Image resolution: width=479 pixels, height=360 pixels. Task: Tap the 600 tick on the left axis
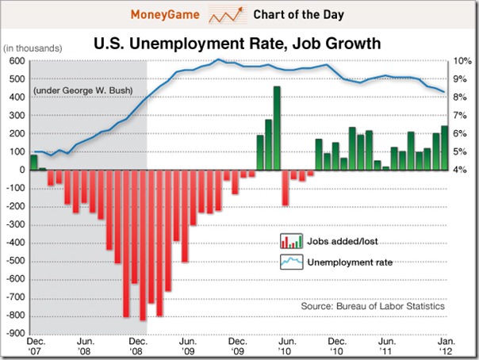pyautogui.click(x=16, y=61)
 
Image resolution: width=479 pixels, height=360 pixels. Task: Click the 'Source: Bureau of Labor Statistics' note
pyautogui.click(x=374, y=306)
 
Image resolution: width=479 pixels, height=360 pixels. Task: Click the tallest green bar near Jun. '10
pyautogui.click(x=278, y=128)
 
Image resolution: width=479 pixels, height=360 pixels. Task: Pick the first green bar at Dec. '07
pyautogui.click(x=34, y=162)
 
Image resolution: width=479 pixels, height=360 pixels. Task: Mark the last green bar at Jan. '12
pyautogui.click(x=444, y=148)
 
